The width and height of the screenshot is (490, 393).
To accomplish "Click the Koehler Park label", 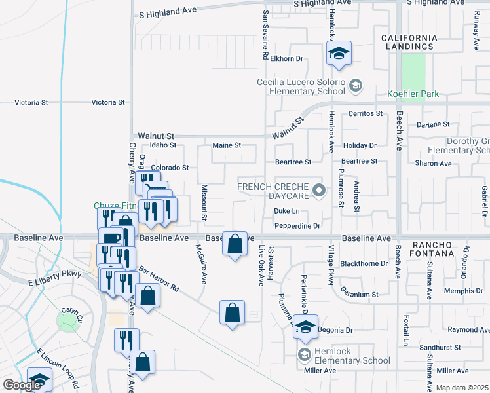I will tap(412, 94).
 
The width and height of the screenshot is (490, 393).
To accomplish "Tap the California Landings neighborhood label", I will tap(408, 42).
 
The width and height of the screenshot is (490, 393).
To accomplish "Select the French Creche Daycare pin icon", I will tap(319, 191).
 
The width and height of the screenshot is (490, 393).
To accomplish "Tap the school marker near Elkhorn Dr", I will tap(339, 53).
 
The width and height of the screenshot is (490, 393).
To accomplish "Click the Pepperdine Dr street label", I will tap(297, 226).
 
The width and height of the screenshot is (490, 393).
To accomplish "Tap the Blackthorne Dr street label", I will tap(365, 263).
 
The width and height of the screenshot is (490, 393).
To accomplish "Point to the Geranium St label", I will tap(357, 295).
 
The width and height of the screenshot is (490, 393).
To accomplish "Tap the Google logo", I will tap(21, 386).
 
